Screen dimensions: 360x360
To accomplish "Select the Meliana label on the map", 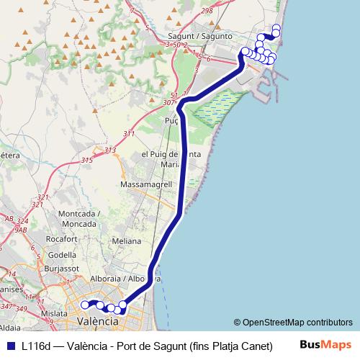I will (x=126, y=241).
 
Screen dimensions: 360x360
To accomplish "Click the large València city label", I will (x=96, y=320).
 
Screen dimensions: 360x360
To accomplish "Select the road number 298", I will (x=207, y=11).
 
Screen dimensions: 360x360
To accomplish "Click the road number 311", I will (x=129, y=133).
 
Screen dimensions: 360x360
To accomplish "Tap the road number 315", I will (x=87, y=161).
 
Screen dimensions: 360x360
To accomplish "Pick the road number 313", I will (x=110, y=150).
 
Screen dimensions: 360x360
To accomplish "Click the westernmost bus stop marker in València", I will (x=85, y=305).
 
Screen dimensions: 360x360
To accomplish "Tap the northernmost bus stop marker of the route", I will (x=276, y=28).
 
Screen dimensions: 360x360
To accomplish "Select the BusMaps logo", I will (x=325, y=345).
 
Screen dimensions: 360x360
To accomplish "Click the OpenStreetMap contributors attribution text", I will (x=292, y=323).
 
